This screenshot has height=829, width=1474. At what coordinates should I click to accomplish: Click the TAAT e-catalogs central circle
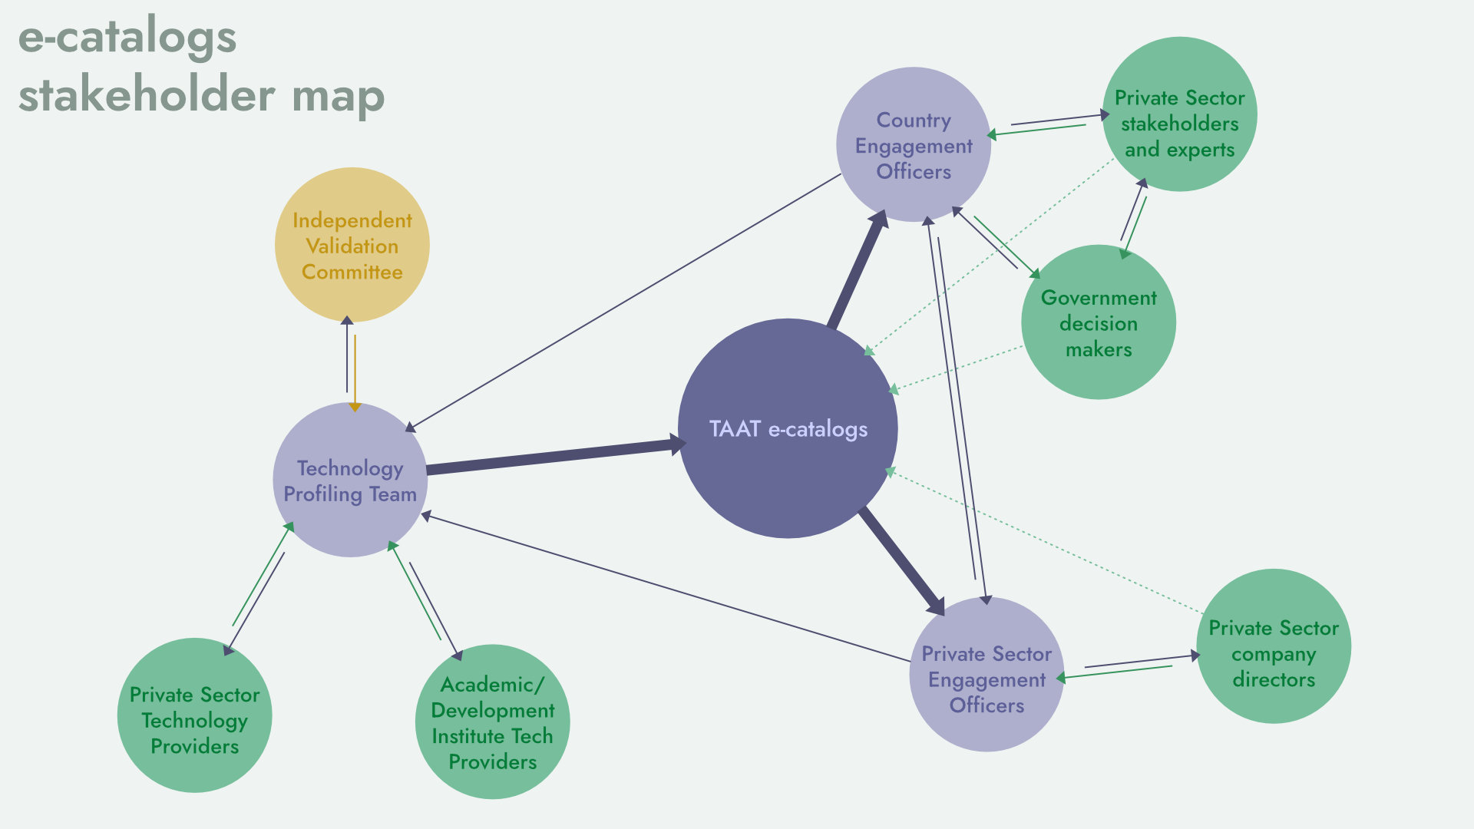click(x=788, y=428)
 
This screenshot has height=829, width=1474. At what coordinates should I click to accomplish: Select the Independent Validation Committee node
click(x=352, y=245)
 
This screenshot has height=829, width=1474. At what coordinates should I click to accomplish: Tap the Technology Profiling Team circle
click(x=350, y=481)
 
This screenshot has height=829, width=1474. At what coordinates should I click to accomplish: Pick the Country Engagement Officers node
click(x=913, y=145)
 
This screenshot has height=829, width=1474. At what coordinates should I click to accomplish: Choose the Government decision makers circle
click(x=1098, y=322)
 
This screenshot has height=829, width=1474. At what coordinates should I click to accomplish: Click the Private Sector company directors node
click(x=1273, y=646)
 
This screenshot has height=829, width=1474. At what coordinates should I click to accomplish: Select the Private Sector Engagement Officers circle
click(x=986, y=675)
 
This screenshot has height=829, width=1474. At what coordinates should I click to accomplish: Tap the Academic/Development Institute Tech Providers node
click(x=492, y=722)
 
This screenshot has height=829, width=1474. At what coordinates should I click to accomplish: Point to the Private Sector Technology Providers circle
click(x=194, y=715)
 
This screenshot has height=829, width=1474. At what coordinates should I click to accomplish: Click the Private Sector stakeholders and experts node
click(x=1179, y=114)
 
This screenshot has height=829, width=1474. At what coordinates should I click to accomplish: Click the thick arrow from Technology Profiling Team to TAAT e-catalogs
click(x=553, y=457)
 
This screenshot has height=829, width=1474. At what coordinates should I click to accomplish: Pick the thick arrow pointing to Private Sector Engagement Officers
click(x=902, y=561)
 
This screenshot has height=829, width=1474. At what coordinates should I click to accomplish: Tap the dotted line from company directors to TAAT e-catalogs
click(x=1044, y=542)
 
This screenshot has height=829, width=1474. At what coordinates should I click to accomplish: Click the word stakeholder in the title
click(x=146, y=96)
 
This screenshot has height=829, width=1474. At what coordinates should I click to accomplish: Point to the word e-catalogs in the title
click(x=127, y=37)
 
